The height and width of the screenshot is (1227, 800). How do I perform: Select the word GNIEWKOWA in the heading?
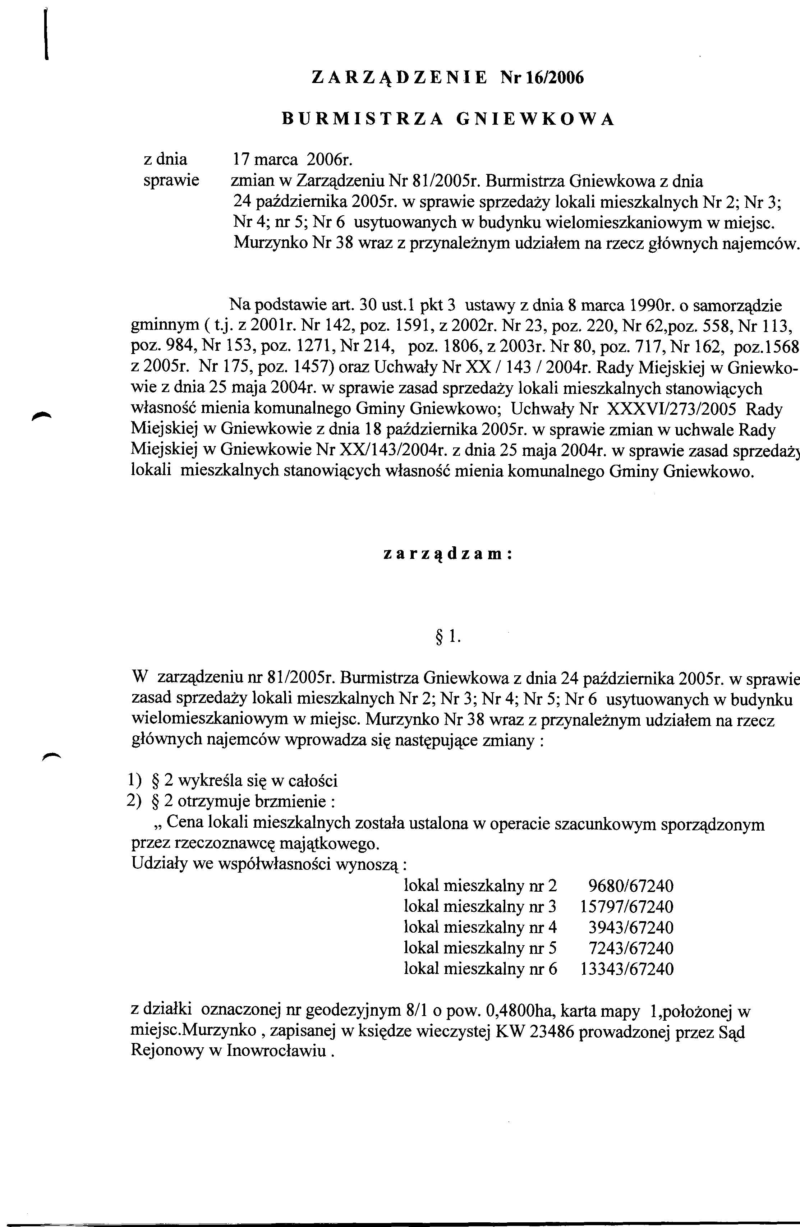(535, 119)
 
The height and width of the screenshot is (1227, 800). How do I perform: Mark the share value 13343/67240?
(627, 969)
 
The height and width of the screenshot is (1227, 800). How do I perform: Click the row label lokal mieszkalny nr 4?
(481, 928)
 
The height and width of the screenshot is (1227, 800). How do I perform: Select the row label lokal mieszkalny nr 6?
(481, 969)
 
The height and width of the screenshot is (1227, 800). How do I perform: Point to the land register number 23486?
(557, 1031)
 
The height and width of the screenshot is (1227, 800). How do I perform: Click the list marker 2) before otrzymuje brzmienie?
(133, 802)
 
